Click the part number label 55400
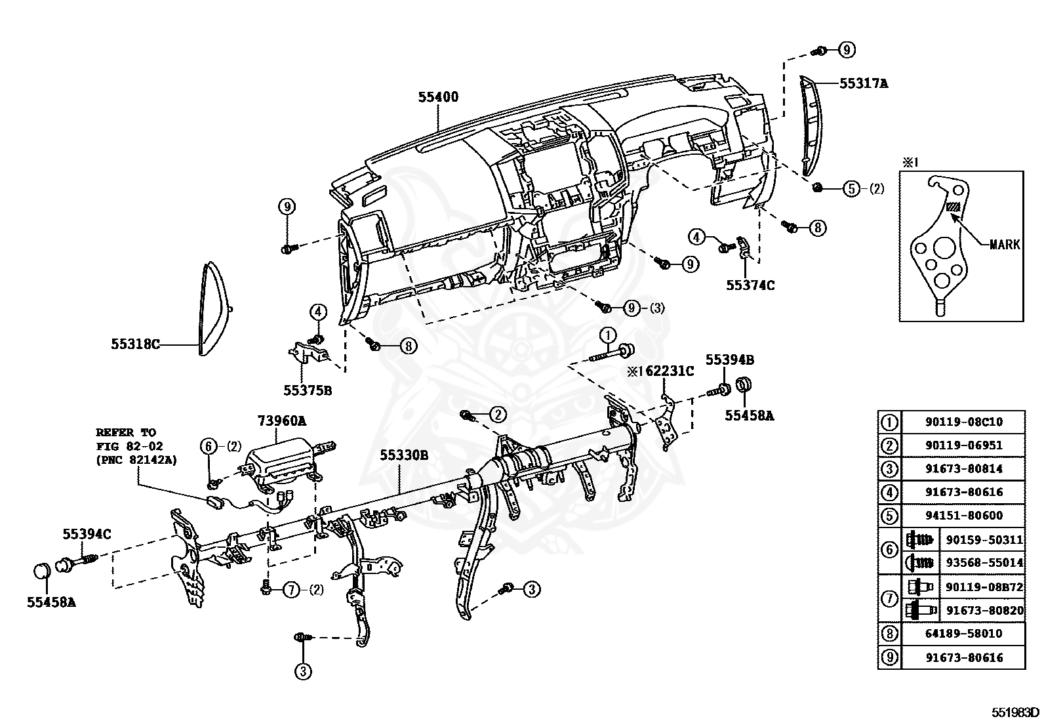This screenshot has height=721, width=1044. [x=438, y=97]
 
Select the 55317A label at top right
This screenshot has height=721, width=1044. [x=864, y=83]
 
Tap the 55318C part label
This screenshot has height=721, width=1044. [x=135, y=343]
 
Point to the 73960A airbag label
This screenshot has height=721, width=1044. [x=281, y=420]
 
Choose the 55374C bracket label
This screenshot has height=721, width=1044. [x=750, y=285]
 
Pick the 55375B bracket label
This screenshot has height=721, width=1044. [x=308, y=390]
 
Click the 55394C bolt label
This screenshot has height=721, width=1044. [x=87, y=534]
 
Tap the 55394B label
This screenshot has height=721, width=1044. [x=729, y=360]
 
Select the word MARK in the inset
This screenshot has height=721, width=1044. [x=1004, y=245]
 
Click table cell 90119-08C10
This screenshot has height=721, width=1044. [x=964, y=422]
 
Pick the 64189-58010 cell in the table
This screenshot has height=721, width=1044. [x=964, y=634]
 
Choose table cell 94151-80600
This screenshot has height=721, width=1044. [x=964, y=516]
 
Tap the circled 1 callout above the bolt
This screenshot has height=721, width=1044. [x=607, y=334]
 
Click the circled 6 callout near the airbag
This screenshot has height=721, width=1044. [x=209, y=446]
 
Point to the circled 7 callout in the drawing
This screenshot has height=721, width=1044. [x=291, y=590]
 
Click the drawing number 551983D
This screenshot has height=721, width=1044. [x=1015, y=712]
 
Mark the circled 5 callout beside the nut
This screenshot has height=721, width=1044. [x=851, y=189]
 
